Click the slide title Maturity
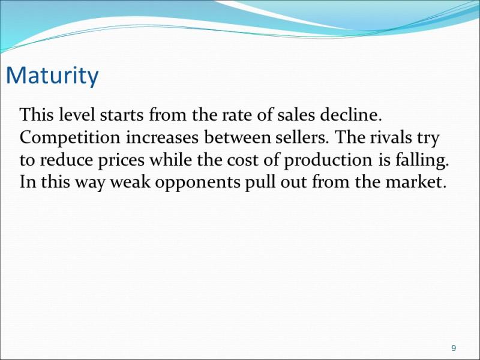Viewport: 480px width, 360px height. [x=52, y=76]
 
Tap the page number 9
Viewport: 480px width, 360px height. [x=454, y=348]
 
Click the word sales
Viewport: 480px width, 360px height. [x=296, y=115]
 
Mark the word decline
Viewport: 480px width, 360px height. [x=351, y=115]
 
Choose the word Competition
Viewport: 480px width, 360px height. [x=70, y=138]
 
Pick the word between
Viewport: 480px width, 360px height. [x=237, y=137]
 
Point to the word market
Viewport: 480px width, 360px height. [x=414, y=182]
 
